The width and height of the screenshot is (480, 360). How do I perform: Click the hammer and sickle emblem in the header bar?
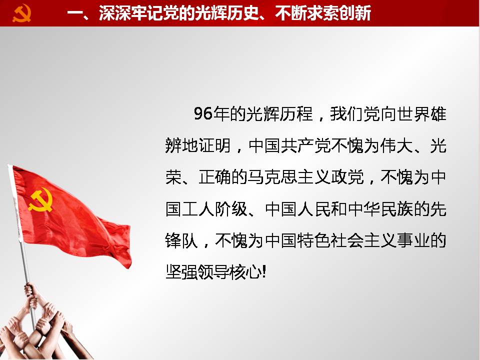[x=21, y=13]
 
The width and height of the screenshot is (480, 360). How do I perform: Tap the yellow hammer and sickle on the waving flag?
[x=40, y=200]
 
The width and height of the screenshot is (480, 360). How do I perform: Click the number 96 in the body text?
[x=203, y=113]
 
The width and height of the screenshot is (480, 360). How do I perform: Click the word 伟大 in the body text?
[x=397, y=145]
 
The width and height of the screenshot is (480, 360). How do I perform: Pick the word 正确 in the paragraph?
[x=215, y=177]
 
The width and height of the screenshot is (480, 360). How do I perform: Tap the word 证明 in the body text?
[x=215, y=145]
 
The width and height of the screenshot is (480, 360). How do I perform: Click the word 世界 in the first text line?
[x=413, y=113]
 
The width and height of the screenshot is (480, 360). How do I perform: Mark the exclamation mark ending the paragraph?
[x=264, y=272]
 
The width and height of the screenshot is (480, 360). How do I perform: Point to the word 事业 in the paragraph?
[x=413, y=240]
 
